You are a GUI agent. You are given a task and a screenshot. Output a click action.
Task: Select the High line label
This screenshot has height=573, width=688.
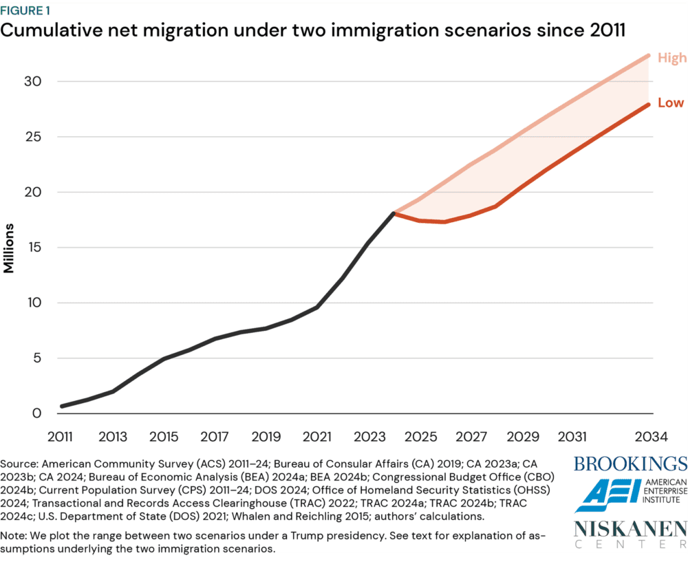point(671,58)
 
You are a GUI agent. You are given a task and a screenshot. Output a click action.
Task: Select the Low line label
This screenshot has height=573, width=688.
point(671,102)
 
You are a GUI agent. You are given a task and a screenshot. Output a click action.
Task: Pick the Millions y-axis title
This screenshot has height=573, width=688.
point(9,248)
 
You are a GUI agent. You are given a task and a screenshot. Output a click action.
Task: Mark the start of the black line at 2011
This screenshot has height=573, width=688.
point(62,406)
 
